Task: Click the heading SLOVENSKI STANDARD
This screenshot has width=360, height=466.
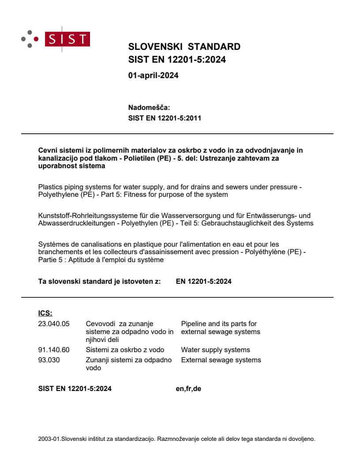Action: pos(184,47)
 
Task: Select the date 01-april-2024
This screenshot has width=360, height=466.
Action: pos(153,75)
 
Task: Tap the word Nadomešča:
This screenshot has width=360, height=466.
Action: pos(149,108)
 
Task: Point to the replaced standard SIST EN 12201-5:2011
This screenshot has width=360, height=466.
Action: pos(165,118)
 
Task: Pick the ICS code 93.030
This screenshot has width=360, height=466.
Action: pos(49,360)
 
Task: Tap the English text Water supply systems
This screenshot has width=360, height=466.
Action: pos(215,350)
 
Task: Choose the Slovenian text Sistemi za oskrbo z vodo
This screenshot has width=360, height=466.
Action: pos(125,350)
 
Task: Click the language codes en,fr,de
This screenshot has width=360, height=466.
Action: pos(188,389)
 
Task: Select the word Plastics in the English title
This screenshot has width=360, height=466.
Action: pos(50,187)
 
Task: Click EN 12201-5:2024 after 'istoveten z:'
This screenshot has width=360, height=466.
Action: pos(203,282)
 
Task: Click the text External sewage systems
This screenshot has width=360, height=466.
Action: pos(221,360)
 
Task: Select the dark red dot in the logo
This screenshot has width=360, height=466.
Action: pos(36,39)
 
